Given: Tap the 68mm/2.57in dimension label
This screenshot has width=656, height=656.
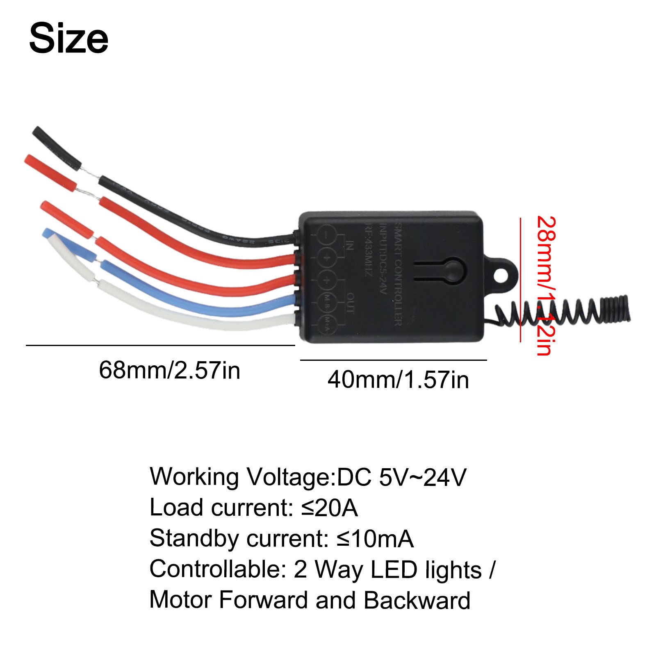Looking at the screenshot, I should click(169, 370).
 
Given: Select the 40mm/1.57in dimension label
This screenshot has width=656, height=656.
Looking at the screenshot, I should click(398, 380).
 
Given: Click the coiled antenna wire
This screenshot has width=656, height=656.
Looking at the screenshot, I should click(566, 312).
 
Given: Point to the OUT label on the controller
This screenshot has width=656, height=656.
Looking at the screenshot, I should click(350, 303).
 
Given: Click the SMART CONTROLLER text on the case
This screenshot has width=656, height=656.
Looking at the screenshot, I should click(398, 275).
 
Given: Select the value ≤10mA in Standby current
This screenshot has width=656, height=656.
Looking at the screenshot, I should click(375, 538).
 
